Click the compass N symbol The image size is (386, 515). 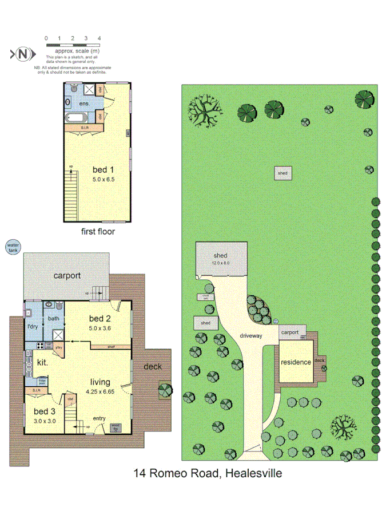coord(23,54)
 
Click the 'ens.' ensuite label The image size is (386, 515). coord(84,104)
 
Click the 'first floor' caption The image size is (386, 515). coord(98,232)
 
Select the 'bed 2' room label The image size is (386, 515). coord(100,318)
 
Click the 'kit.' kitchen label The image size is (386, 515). coord(43,362)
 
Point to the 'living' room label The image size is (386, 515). coord(100,382)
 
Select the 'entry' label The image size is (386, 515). coord(100,418)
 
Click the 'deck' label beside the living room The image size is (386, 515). coord(152,366)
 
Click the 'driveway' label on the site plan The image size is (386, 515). coord(250,336)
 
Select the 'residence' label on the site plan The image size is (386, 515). coord(295,362)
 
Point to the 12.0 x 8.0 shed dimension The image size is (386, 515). coord(221,263)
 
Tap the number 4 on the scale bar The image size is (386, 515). coord(100,38)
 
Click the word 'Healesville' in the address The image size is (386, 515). coord(254,473)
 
